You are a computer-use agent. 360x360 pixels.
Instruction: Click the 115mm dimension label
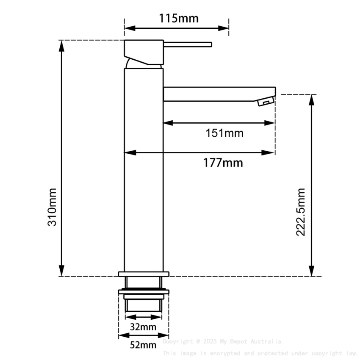tap(178, 18)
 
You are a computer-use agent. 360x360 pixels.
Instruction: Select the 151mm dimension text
tap(224, 133)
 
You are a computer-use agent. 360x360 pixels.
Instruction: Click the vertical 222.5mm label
tap(301, 213)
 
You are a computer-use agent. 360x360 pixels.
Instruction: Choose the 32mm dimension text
tap(143, 327)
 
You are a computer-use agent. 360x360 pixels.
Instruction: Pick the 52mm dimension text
tap(143, 345)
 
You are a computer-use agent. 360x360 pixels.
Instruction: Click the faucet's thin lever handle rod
tap(187, 44)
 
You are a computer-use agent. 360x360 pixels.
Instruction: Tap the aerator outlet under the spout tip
tap(266, 102)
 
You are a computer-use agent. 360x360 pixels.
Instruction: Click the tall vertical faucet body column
tap(144, 169)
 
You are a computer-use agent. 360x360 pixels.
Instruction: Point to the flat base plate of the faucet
tap(144, 274)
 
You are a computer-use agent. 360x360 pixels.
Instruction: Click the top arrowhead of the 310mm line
tap(62, 45)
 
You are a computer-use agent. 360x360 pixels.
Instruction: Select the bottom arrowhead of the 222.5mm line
tap(312, 271)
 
